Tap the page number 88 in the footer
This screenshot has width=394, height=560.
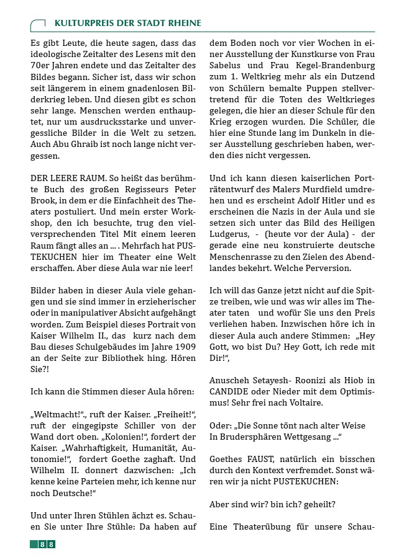(x=43, y=544)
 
